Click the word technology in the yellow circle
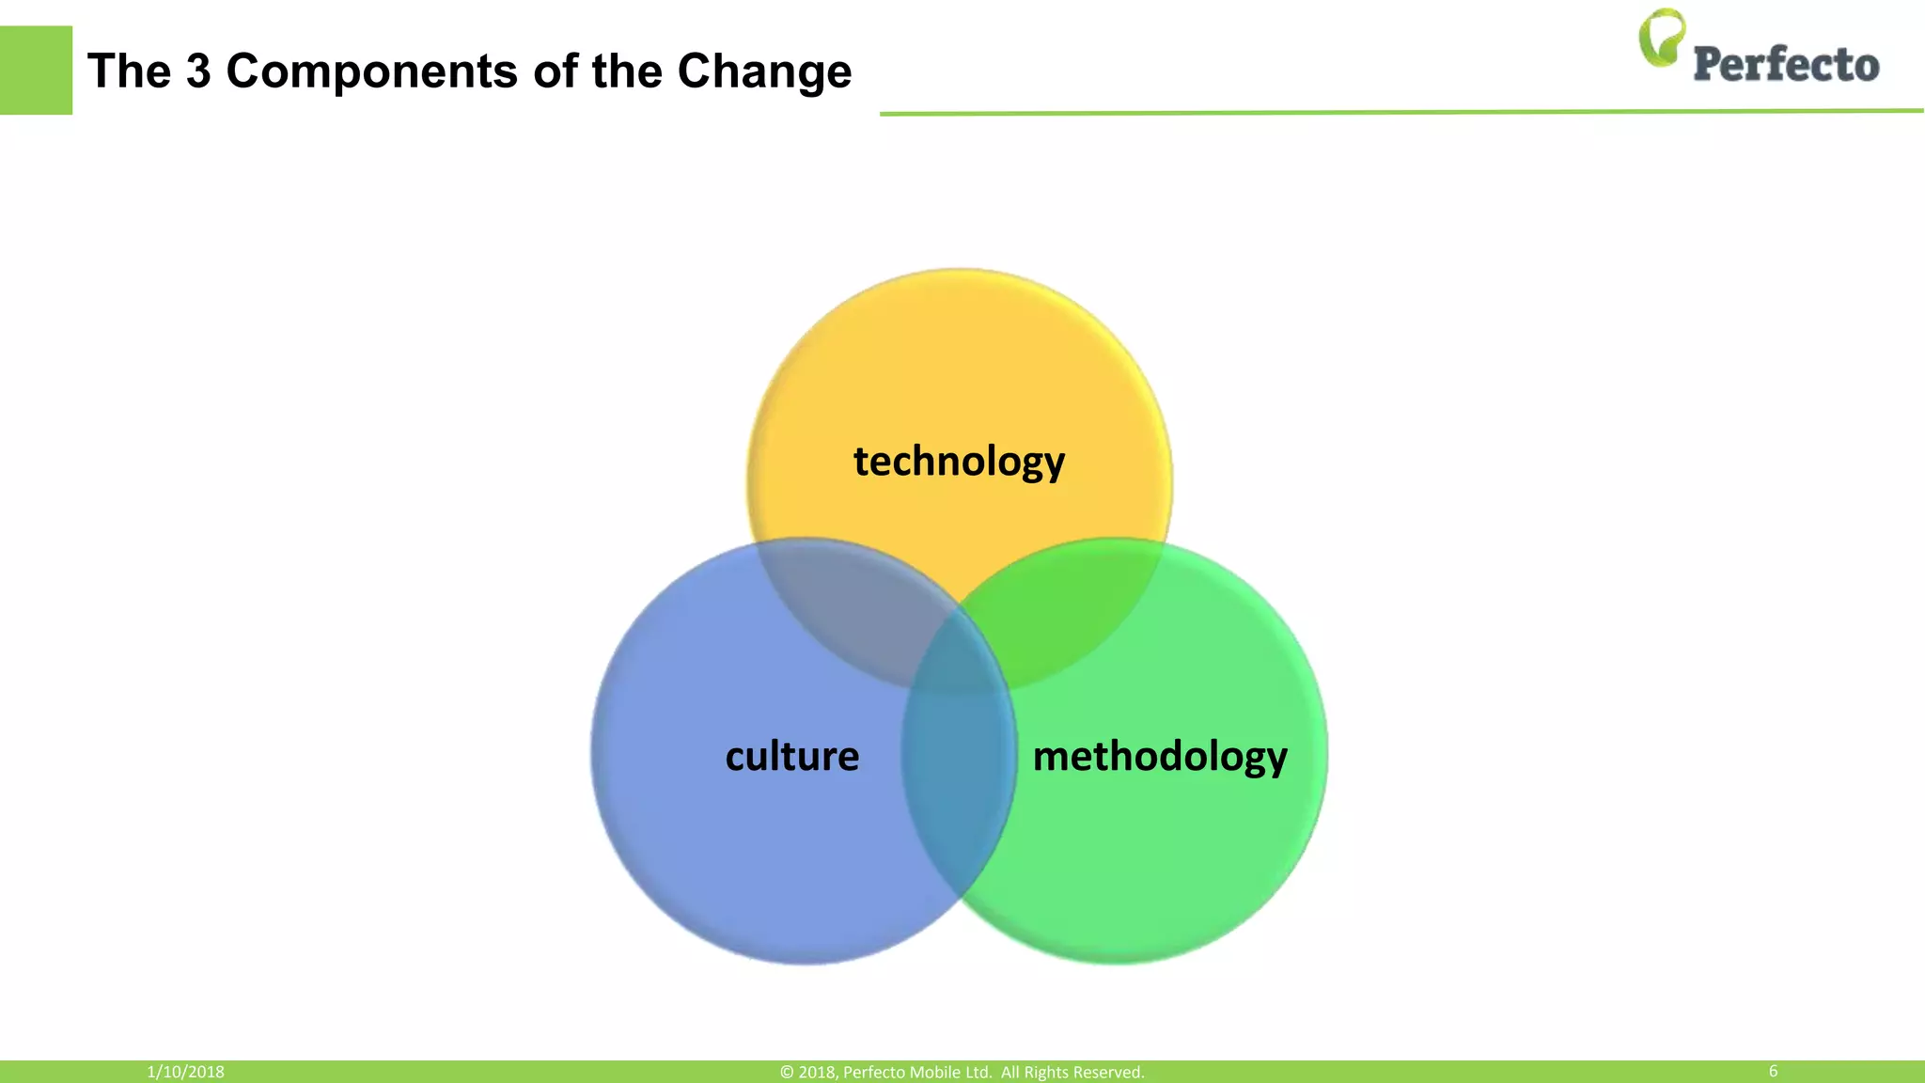959,462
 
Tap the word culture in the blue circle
792,756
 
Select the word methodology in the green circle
1160,756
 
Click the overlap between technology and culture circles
846,602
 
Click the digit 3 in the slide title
198,71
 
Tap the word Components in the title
371,71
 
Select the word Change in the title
764,71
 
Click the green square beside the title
36,71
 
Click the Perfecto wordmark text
1786,65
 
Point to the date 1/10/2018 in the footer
185,1072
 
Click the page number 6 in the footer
1773,1071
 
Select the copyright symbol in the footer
787,1073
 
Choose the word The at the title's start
129,71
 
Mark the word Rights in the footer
1044,1072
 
